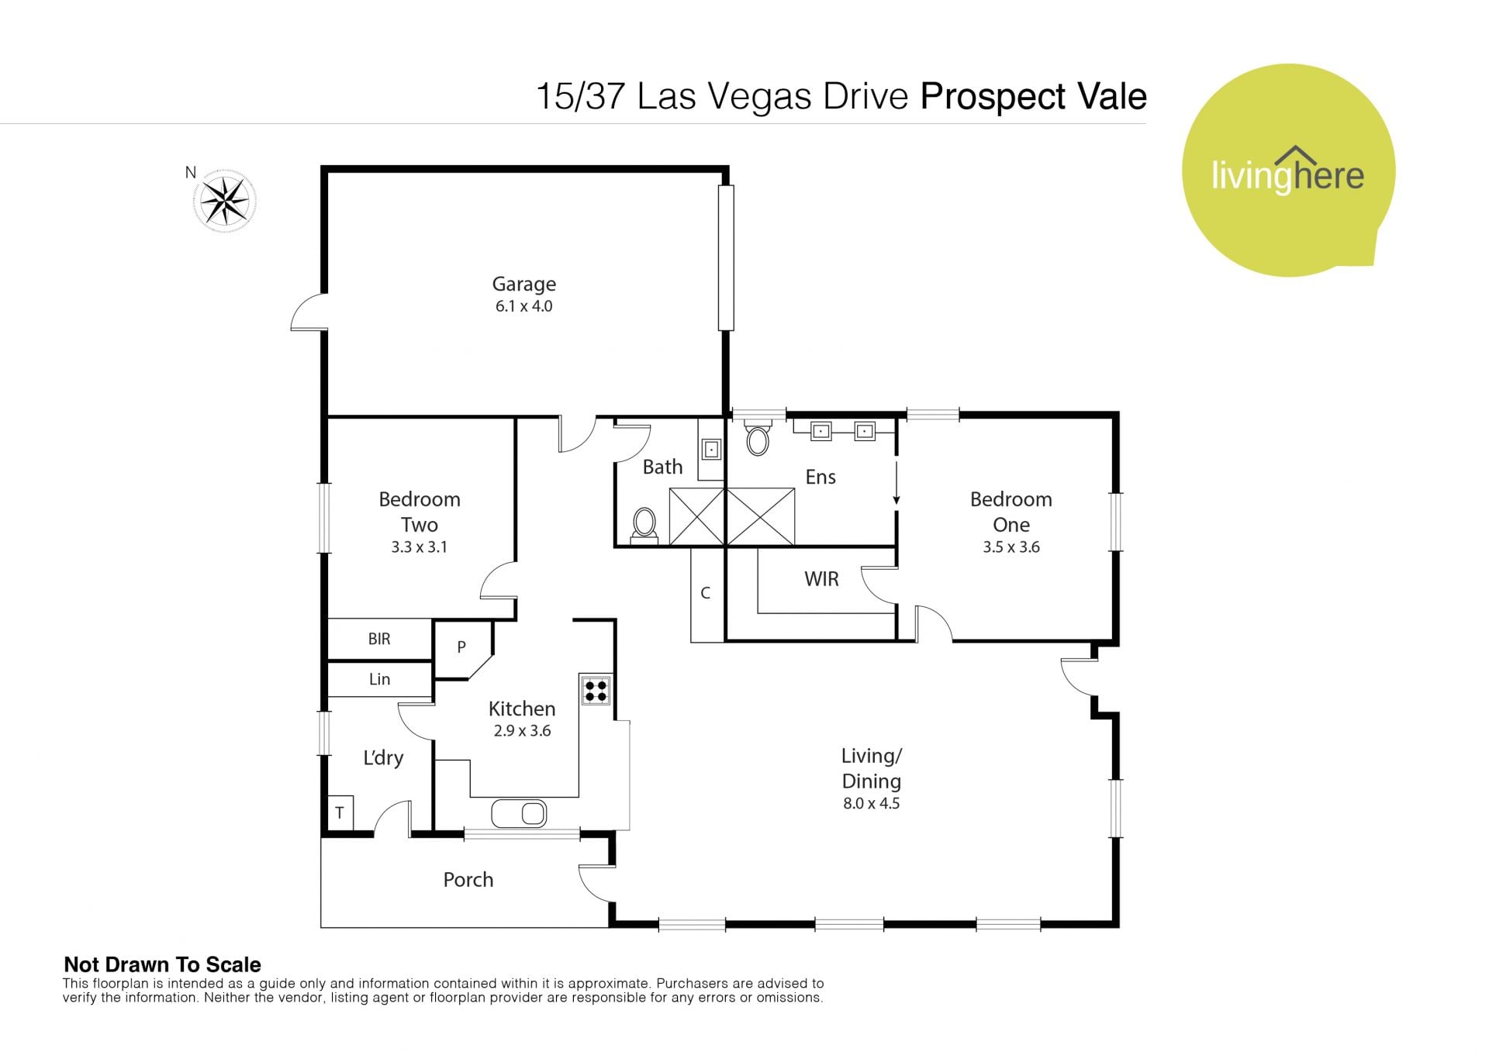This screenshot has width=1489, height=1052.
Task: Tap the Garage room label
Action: coord(524,285)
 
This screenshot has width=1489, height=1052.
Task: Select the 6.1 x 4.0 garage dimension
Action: coord(524,306)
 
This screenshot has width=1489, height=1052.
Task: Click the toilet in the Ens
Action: coord(758,437)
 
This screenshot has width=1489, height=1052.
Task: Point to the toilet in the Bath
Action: coord(644,526)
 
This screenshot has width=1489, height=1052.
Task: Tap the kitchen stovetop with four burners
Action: coord(596,690)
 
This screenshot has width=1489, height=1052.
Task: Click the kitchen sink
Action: coord(519,813)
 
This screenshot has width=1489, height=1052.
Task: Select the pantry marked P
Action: coord(461,647)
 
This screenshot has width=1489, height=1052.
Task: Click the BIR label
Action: coord(379,639)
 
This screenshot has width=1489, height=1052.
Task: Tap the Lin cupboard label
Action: coord(379,679)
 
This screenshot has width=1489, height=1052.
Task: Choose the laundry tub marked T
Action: coord(340,813)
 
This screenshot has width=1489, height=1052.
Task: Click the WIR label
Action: coord(821,579)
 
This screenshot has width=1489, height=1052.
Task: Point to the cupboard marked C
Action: coord(706,594)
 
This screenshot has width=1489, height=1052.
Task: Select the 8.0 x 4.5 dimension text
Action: coord(872,804)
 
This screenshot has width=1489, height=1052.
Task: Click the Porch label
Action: coord(468,880)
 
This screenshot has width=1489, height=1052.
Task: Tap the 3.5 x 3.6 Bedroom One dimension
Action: coord(1011,547)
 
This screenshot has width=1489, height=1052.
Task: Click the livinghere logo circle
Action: coord(1288,171)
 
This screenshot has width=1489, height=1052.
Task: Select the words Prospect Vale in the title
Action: coord(1033,97)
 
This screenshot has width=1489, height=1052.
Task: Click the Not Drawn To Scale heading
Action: coord(162,964)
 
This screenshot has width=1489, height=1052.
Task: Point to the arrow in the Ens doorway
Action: coord(897,484)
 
